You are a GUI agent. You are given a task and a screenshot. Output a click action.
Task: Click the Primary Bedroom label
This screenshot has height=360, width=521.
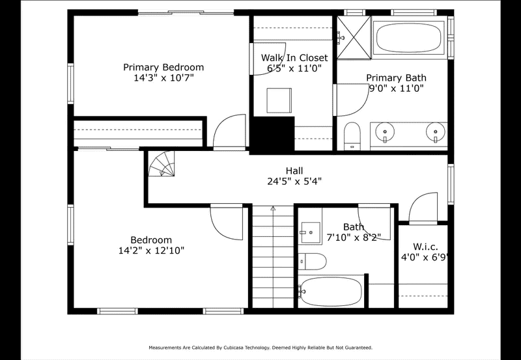coord(163,67)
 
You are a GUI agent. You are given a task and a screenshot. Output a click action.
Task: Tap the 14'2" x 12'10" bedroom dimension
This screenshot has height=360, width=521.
coord(152,251)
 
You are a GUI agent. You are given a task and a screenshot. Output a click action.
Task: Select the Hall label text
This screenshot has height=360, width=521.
coord(294,171)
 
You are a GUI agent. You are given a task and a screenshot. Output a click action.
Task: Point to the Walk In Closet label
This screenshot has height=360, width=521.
coord(294,58)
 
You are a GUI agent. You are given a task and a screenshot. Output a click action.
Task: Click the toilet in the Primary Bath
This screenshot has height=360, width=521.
coord(352,136)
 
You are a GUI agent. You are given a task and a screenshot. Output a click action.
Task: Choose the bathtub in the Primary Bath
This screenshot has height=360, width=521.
coord(409,38)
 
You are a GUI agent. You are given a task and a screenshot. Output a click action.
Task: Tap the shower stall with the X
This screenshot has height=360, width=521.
coord(354,38)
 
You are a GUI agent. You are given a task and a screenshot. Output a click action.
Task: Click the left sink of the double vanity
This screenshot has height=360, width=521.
coord(385,132)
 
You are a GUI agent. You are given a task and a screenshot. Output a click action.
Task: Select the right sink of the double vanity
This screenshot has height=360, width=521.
coord(435,132)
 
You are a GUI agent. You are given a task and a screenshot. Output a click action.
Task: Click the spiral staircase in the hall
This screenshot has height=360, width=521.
coord(162,164)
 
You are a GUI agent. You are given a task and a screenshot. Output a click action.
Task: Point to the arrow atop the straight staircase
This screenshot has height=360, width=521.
coord(273,208)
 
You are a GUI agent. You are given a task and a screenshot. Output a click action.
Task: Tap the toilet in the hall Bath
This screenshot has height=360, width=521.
coord(312,262)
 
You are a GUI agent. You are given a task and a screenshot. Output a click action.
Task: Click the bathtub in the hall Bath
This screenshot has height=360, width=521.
coord(331,292)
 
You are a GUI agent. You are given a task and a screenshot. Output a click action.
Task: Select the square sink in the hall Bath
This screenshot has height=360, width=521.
coord(311,232)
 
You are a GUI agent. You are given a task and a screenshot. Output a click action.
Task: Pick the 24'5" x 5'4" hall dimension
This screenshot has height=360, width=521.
coord(294,182)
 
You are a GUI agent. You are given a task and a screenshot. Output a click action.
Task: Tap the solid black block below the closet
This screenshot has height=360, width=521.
coord(272,135)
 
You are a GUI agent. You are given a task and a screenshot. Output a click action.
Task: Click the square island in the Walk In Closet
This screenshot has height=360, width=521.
coord(279,101)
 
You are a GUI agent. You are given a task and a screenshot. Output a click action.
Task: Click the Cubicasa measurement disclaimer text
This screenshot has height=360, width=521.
coord(260,348)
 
